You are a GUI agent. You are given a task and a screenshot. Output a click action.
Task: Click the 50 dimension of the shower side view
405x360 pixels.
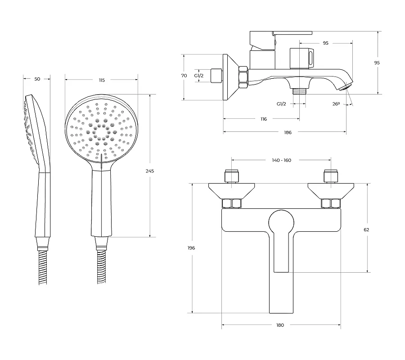37,79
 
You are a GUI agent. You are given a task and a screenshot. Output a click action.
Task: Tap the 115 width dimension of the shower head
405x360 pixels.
102,80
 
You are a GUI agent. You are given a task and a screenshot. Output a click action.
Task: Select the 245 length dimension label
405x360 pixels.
150,171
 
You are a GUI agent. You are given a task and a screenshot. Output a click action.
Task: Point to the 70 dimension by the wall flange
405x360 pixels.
184,76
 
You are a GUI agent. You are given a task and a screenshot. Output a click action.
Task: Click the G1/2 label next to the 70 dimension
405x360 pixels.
199,76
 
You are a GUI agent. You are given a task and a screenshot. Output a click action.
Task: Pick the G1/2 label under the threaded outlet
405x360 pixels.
281,104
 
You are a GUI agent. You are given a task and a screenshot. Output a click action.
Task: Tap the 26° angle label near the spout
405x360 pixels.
336,104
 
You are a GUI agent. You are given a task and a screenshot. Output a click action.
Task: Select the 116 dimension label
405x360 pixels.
263,119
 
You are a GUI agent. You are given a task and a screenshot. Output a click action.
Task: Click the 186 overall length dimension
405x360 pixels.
288,132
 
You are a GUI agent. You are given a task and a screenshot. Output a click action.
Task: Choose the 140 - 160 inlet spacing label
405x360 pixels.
282,160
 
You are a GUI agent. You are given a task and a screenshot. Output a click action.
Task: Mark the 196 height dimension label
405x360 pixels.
191,248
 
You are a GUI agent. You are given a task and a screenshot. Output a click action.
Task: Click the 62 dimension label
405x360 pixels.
366,229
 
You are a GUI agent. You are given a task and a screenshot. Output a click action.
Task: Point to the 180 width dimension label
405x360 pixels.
280,325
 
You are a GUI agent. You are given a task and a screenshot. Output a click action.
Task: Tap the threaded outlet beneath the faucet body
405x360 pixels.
299,91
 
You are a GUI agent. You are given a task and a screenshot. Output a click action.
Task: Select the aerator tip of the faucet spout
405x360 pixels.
346,86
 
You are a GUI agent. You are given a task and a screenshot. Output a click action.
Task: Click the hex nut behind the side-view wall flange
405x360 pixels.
243,77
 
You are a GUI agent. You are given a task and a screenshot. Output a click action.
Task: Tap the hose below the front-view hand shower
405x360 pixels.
102,266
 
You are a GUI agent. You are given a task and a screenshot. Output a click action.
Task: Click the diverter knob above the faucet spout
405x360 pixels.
301,58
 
